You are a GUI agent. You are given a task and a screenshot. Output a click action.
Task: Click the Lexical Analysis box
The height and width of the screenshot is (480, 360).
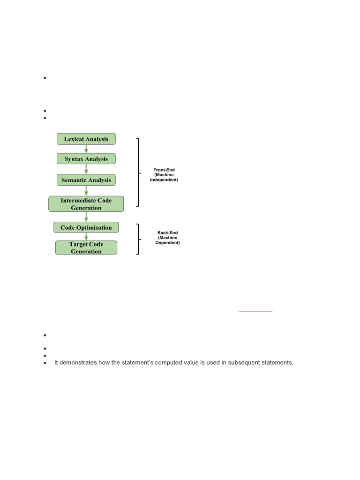coord(86,139)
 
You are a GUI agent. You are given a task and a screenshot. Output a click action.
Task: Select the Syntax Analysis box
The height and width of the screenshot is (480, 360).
coord(86,159)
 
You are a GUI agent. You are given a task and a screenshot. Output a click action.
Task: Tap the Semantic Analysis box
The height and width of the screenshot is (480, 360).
coord(86,180)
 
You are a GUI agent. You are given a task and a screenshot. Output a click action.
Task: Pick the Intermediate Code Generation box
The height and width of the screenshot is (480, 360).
coord(86,204)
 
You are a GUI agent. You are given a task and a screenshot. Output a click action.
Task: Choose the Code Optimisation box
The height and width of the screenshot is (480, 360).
coord(86,228)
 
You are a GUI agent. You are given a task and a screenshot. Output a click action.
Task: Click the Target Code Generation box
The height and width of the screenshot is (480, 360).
coord(86,247)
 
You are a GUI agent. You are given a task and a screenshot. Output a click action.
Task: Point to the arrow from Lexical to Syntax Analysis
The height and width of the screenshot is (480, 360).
coord(86,149)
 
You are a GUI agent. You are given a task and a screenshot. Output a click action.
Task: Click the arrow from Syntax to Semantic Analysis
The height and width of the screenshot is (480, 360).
coord(86,169)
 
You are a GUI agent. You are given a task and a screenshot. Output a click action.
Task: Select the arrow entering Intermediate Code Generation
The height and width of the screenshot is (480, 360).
coord(86,191)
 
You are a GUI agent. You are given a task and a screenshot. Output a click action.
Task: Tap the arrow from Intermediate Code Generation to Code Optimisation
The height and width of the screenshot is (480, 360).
coord(86,217)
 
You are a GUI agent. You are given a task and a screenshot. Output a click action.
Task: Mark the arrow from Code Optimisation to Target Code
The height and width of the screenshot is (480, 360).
coord(86,237)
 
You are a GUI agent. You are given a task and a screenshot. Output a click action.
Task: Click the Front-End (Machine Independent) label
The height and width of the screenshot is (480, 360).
coord(164,175)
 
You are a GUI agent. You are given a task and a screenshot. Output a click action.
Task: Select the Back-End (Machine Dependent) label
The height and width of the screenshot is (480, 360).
coord(167,238)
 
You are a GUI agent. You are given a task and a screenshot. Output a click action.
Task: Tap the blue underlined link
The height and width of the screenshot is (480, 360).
coord(255,310)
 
